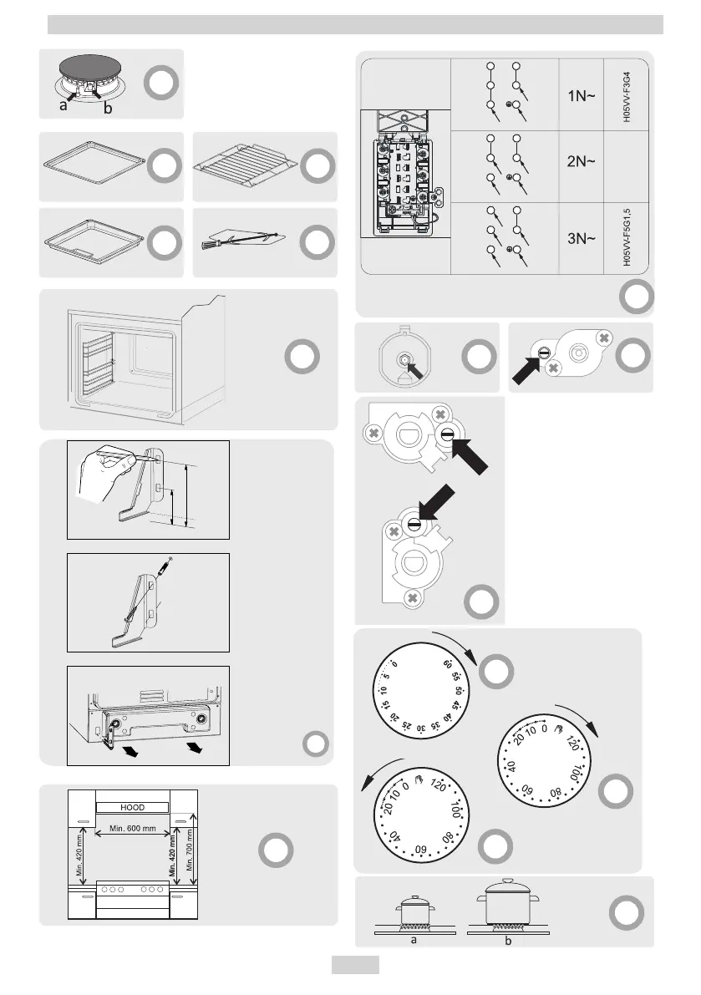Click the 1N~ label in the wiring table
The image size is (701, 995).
coord(581,95)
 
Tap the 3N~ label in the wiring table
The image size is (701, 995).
coord(581,238)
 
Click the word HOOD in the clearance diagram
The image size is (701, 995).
coord(133,807)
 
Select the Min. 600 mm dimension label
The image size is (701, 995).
coord(134,828)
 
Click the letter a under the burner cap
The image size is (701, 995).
coord(64,107)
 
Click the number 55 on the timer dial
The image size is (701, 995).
coord(456,676)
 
